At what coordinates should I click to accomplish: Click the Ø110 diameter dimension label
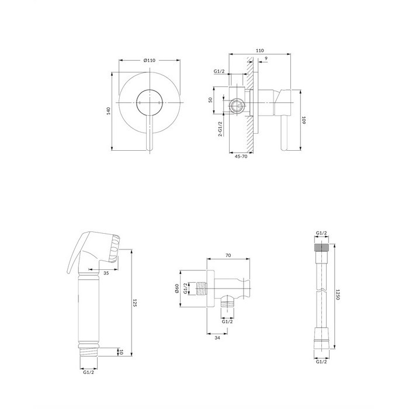(150, 60)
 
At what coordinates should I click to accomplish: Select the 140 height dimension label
(109, 111)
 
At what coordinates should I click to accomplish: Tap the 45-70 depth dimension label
(241, 157)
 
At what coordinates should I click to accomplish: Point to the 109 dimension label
(303, 120)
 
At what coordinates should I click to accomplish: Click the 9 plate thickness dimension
(266, 58)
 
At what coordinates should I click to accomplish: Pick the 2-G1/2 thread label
(220, 129)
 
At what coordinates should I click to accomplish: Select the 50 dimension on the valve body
(210, 100)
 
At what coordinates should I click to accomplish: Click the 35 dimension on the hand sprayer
(106, 273)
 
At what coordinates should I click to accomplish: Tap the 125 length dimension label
(135, 303)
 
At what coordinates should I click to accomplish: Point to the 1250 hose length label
(337, 294)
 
